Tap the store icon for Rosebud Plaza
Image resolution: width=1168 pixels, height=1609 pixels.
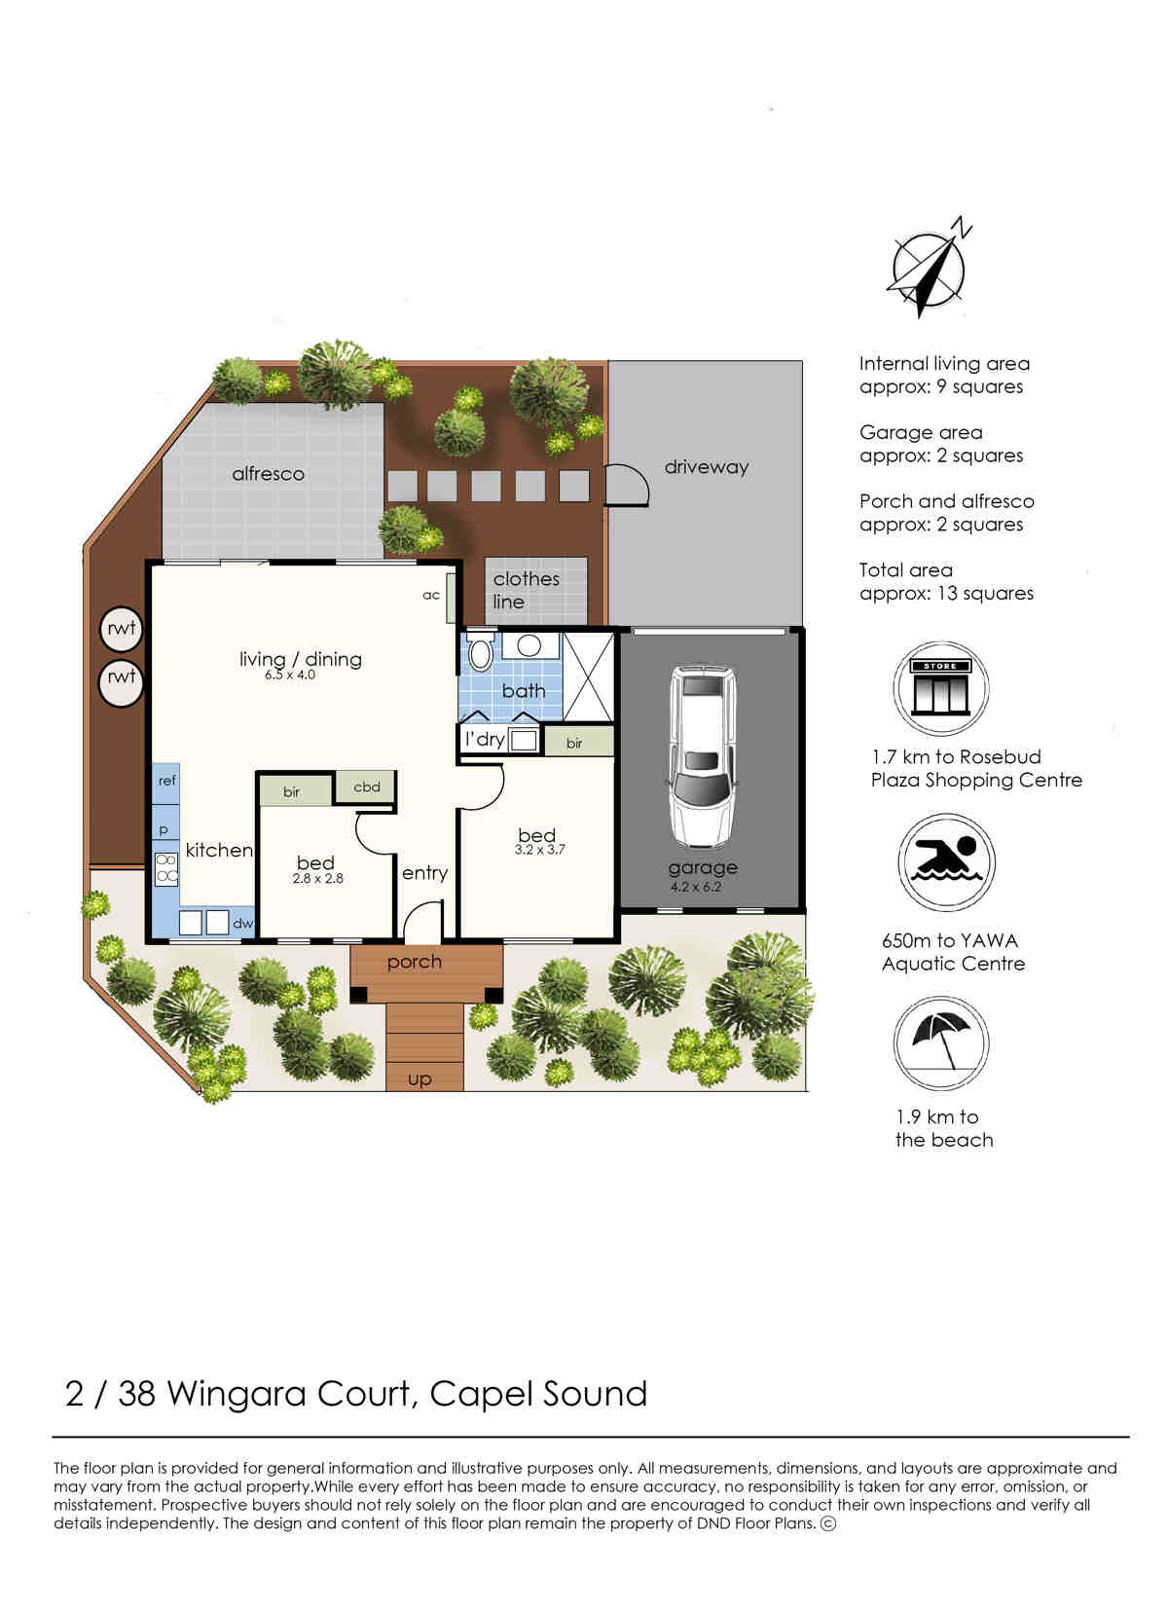pos(940,687)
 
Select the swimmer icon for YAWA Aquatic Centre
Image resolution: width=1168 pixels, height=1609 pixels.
pos(946,861)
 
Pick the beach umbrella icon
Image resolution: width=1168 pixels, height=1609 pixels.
pos(941,1043)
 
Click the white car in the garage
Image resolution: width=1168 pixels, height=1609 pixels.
pos(703,756)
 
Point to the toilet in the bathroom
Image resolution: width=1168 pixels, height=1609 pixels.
pos(480,651)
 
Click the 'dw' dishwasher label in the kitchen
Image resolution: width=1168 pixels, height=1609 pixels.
pos(242,923)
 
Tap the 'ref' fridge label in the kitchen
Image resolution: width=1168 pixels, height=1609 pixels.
pos(166,780)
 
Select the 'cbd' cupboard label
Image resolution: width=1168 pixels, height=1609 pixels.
pos(366,786)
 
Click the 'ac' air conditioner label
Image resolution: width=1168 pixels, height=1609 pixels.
pos(431,595)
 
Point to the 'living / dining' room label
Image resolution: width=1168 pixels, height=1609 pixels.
pos(300,659)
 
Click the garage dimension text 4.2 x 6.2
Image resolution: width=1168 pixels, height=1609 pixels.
pos(695,887)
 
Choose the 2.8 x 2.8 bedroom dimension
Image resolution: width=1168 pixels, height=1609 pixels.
pos(317,878)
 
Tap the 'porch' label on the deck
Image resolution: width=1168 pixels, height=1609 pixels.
pos(414,962)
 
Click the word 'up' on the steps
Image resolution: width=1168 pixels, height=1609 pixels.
pos(420,1079)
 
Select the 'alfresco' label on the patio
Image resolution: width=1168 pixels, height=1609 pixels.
pos(268,473)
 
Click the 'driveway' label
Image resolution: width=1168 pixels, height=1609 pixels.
pos(706,467)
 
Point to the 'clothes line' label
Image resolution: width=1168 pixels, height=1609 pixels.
pos(526,590)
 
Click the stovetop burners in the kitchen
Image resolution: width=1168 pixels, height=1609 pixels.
pos(166,867)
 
